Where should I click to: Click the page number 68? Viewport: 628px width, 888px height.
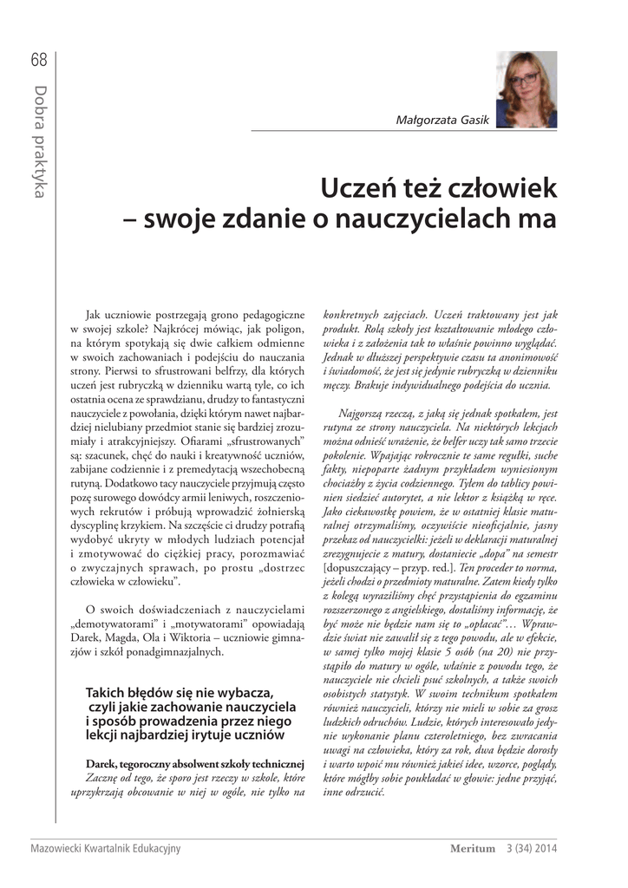point(38,60)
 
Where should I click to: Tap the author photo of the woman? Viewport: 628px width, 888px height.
point(527,89)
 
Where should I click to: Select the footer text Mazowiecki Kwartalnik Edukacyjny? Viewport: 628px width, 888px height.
point(105,848)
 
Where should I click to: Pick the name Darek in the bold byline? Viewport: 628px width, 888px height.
point(102,763)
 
